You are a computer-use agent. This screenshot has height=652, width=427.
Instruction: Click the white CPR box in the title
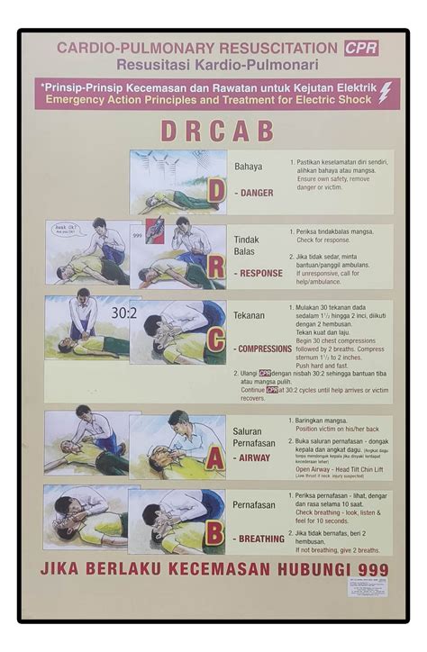click(x=360, y=49)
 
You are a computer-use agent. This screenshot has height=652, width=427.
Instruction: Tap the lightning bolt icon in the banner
click(x=385, y=93)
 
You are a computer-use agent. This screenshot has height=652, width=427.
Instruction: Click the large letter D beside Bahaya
click(x=216, y=190)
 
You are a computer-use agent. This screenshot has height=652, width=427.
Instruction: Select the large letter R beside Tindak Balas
click(x=216, y=267)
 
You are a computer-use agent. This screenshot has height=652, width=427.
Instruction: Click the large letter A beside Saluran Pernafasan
click(x=214, y=457)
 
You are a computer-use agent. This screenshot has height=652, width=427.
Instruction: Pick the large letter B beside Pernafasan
click(x=214, y=533)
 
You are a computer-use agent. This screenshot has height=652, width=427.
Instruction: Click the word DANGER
click(x=256, y=193)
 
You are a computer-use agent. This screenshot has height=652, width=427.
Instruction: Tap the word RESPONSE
click(x=259, y=273)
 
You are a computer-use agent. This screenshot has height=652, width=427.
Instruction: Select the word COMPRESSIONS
click(x=263, y=349)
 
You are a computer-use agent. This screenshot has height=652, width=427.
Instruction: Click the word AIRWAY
click(x=255, y=457)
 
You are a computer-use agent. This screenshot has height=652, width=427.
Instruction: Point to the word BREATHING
click(x=261, y=539)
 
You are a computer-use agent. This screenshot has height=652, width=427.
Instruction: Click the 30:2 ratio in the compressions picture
click(x=123, y=312)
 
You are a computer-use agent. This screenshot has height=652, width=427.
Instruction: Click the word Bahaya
click(x=249, y=167)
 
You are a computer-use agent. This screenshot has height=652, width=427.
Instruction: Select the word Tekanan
click(x=250, y=316)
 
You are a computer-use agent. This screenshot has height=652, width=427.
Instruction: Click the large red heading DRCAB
click(x=216, y=131)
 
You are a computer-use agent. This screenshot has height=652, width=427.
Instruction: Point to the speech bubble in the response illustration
click(x=66, y=231)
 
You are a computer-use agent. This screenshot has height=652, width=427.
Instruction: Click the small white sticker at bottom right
click(x=369, y=588)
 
